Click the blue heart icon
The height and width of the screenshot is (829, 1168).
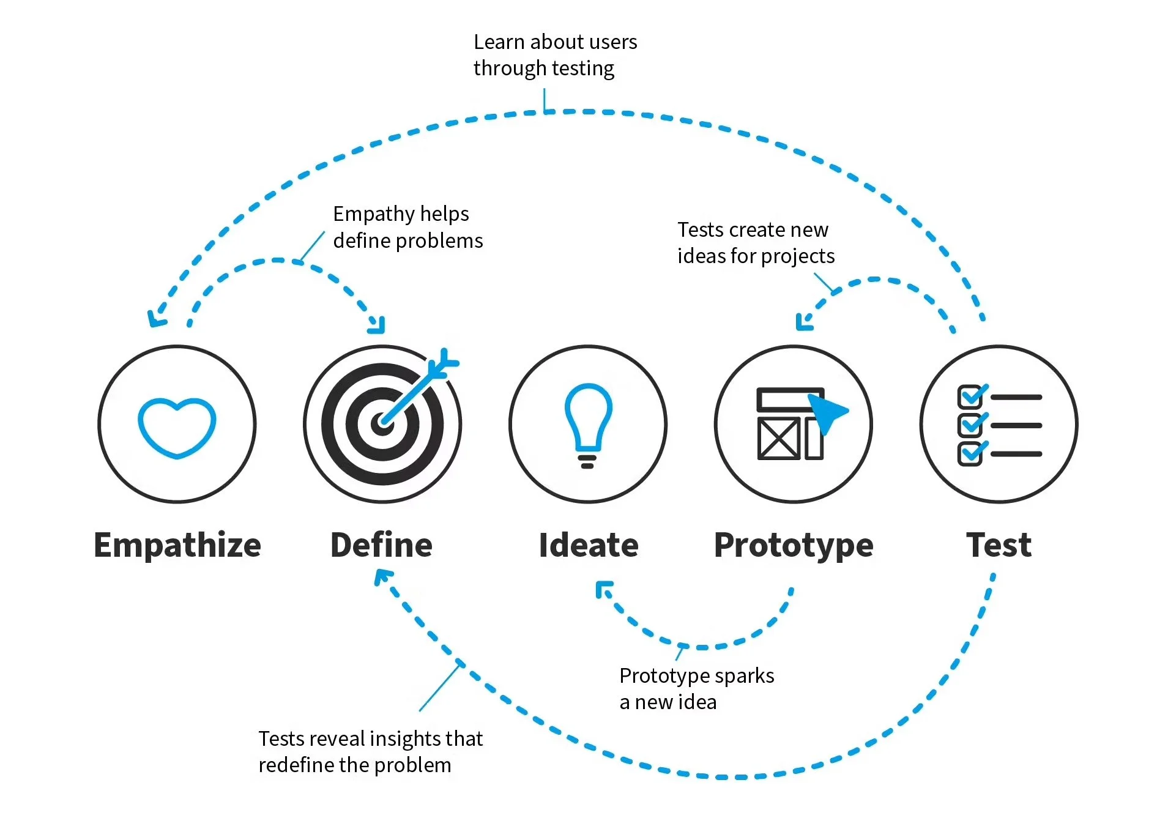tap(177, 427)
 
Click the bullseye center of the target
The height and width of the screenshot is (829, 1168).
tap(382, 423)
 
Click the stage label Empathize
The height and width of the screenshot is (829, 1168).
tap(177, 545)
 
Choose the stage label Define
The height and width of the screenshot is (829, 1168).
tap(381, 545)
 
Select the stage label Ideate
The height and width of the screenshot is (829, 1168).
tap(589, 545)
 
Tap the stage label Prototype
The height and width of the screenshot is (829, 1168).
tap(794, 545)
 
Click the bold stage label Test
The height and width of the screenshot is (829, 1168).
tap(999, 545)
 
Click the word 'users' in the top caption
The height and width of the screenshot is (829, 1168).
tap(612, 42)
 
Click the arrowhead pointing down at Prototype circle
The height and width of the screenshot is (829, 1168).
tap(803, 322)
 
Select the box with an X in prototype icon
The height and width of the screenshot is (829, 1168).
tap(778, 438)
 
